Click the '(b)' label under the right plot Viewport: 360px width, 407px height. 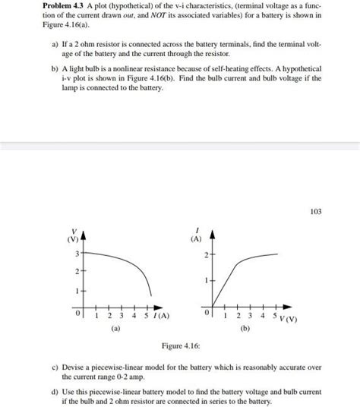coord(245,329)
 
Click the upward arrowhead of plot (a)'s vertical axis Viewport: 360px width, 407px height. coord(83,232)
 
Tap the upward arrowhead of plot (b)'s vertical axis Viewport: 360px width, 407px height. coord(213,232)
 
